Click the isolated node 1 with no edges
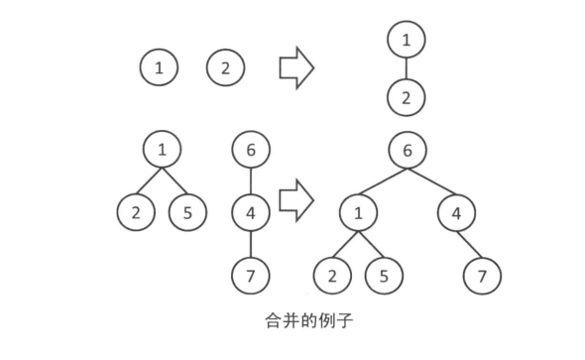160,68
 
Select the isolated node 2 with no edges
225,68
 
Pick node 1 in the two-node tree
405,41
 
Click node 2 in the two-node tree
405,98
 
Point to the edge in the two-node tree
405,69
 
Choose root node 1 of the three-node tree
161,151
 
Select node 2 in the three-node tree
135,211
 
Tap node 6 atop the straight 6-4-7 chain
251,151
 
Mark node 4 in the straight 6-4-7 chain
251,211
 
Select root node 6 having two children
406,151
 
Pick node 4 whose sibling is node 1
455,212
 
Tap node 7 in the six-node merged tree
483,273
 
